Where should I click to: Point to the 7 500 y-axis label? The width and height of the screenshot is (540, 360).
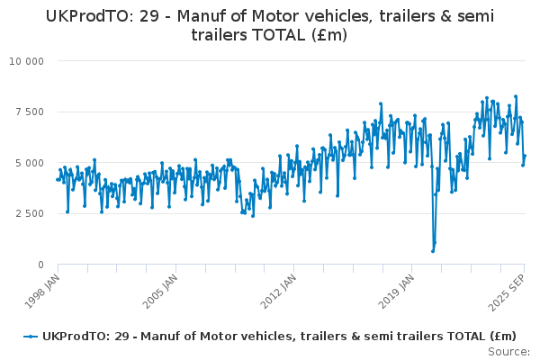(28, 112)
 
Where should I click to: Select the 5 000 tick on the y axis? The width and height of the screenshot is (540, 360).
(28, 163)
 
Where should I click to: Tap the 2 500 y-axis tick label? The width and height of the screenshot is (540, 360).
(28, 214)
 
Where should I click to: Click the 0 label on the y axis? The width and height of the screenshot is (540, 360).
(40, 265)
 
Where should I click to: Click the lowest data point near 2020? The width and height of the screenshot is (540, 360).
(432, 251)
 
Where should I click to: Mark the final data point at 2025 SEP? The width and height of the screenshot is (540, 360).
(525, 156)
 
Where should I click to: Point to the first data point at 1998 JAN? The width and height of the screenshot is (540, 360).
(58, 179)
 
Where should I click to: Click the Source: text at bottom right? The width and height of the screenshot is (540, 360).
(510, 351)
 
